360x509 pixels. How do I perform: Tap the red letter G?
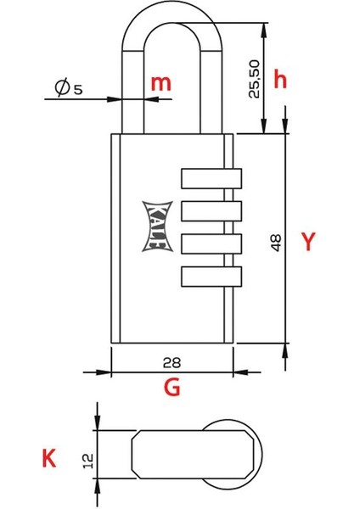[172, 388]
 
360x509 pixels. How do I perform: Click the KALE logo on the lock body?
[155, 225]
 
